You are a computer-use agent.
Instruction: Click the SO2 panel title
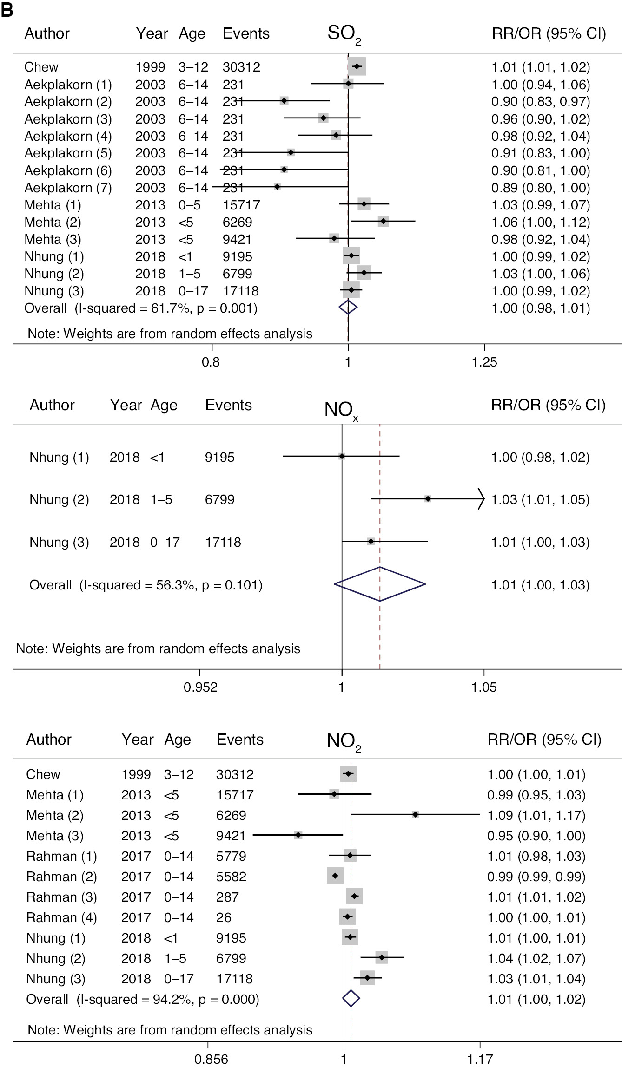344,34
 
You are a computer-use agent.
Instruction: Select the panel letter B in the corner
7,10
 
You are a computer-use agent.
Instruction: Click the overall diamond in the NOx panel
380,584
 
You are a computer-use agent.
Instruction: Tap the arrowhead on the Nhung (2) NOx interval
482,499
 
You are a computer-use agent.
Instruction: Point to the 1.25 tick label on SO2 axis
484,362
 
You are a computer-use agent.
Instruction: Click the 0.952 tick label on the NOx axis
200,687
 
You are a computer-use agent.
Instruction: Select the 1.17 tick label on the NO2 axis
480,1059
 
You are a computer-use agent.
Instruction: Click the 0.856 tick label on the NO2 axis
211,1059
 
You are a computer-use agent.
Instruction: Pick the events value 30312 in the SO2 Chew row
241,67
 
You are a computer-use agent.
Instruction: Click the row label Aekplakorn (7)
68,188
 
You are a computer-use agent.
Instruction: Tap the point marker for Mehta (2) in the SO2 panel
383,222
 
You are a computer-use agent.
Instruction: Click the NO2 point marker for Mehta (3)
298,835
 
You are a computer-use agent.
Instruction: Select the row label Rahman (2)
61,876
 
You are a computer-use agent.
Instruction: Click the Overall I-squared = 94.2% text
142,999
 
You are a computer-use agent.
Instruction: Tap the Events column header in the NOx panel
228,405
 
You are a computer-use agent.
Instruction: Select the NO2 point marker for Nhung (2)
382,957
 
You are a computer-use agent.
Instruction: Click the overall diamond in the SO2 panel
348,307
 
